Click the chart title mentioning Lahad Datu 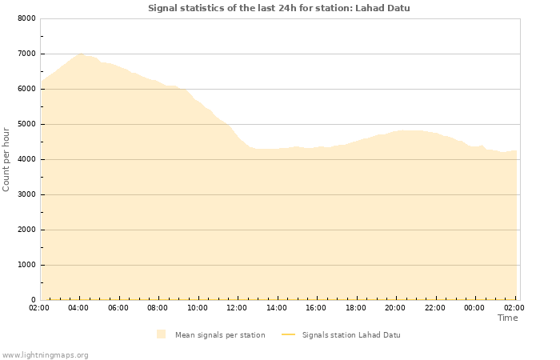278,8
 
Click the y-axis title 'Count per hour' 7,158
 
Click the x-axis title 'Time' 507,318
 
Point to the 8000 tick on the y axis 26,18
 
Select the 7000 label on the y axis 26,54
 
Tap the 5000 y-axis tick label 26,124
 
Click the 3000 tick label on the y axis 26,194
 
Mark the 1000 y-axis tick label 26,265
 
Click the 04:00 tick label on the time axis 78,307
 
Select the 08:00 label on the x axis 158,307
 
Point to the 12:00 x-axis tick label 237,307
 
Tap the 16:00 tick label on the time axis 316,307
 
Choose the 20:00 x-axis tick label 395,307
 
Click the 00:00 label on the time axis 474,307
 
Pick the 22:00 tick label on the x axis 435,307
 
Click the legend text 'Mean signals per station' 220,334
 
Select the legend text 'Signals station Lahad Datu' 351,334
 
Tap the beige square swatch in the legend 162,334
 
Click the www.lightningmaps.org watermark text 45,354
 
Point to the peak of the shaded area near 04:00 80,54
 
